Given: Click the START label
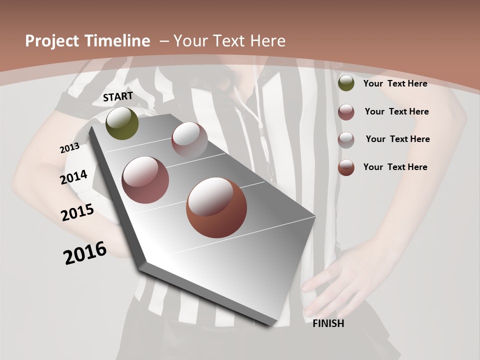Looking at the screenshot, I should [118, 96].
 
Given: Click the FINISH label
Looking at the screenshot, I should [328, 323].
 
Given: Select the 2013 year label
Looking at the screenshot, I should [69, 148].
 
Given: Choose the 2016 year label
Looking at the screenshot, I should [85, 253].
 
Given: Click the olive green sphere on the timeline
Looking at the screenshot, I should [122, 123].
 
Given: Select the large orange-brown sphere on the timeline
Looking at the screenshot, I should [216, 207].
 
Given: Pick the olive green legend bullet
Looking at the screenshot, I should [346, 83].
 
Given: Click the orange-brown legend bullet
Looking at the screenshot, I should [346, 167].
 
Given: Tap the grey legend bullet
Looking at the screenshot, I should [346, 139].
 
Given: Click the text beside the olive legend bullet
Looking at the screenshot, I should [395, 83].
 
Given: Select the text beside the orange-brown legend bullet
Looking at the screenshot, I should [395, 167].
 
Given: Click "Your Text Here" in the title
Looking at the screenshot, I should [229, 41].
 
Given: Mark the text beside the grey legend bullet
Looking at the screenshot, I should [397, 139].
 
